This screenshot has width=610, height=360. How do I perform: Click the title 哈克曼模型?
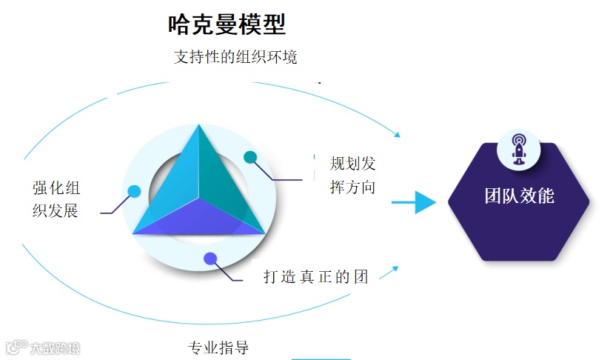227,25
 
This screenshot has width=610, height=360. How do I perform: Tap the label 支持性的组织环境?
235,57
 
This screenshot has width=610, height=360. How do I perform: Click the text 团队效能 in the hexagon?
519,196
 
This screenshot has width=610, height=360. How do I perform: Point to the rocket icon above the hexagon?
519,149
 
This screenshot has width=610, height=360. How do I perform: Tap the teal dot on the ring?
250,157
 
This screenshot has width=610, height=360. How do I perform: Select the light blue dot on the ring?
134,191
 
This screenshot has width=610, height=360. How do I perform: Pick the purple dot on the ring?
210,259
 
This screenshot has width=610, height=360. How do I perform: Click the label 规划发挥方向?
352,176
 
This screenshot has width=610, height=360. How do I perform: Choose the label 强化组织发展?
56,199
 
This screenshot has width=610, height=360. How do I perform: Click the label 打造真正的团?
316,277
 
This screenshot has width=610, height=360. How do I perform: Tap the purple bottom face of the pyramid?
199,220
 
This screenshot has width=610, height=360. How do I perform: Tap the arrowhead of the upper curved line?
398,135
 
